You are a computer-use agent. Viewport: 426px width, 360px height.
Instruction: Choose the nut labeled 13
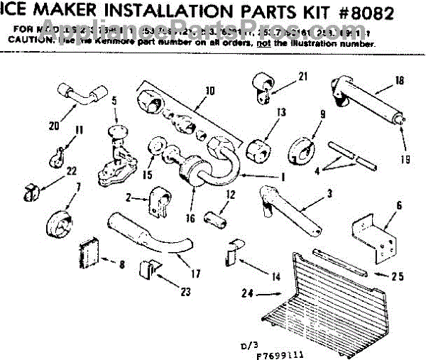tap(256, 148)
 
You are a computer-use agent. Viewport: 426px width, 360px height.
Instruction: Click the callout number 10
tap(208, 90)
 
